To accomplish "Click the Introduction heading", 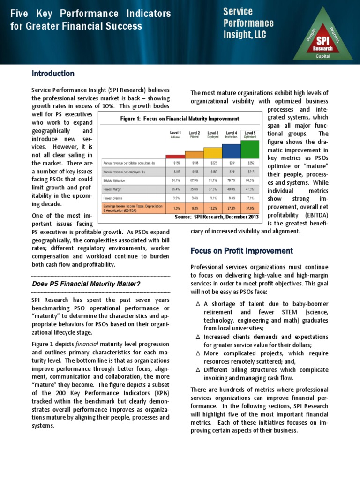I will click(53, 74).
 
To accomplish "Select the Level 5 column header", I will click(249, 134).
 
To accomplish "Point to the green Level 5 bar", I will click(249, 150).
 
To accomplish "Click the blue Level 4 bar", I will click(231, 151).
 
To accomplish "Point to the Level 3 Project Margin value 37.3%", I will click(212, 189).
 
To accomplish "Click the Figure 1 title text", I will click(180, 119).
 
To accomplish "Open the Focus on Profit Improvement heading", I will click(242, 251).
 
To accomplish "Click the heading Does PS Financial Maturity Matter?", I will click(86, 285).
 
